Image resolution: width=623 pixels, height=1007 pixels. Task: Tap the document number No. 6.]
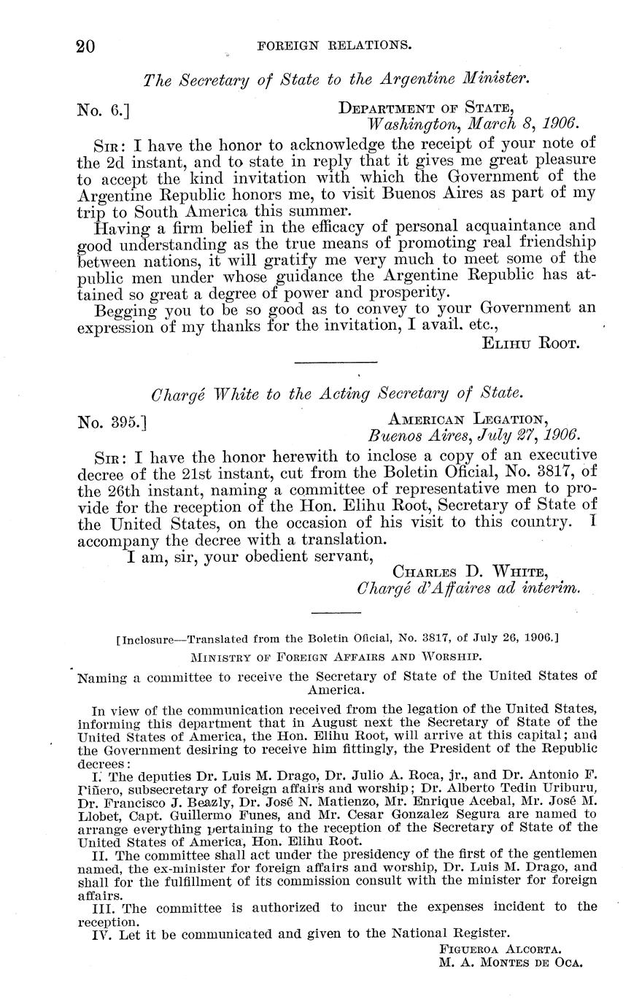[x=103, y=110]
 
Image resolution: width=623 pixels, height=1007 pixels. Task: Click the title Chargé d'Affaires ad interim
[x=468, y=588]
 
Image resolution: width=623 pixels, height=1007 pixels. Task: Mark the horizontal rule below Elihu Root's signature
[x=335, y=362]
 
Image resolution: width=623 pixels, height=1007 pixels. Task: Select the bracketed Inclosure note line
[x=337, y=638]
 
